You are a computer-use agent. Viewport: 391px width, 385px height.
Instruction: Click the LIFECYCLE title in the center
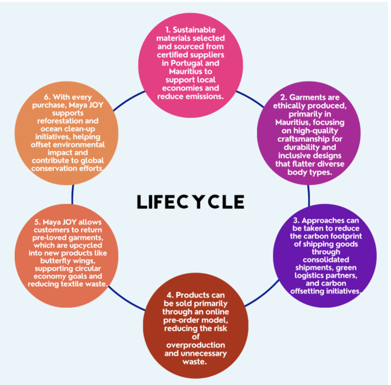190,202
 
